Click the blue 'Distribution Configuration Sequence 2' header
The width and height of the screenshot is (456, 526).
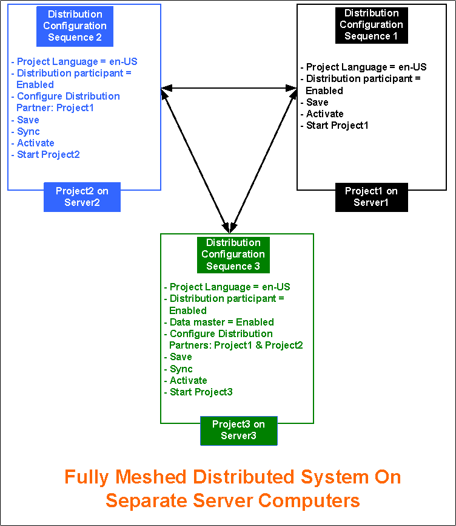point(76,26)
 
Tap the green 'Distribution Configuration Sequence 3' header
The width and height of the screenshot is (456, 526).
point(233,254)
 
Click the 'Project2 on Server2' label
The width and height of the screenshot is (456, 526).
point(82,197)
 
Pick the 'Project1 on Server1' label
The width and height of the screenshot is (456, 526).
point(371,197)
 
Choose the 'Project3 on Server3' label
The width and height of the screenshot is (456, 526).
point(238,430)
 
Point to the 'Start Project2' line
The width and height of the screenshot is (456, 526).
point(49,155)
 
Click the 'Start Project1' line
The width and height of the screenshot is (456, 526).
point(337,126)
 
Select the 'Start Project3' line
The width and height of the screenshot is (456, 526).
point(201,392)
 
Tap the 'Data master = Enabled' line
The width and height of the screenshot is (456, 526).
point(222,323)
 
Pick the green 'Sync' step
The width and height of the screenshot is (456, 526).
point(181,369)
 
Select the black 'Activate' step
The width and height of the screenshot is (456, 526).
point(325,114)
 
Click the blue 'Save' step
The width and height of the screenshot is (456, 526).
point(28,120)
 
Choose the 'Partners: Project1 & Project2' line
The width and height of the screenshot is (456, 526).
point(236,346)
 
